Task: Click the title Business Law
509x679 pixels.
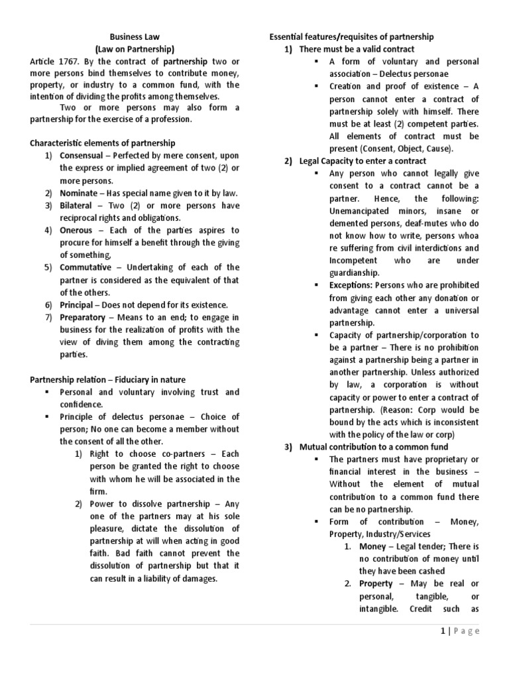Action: click(135, 37)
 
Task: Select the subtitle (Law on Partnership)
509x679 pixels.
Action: click(135, 49)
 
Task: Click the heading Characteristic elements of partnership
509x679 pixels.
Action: click(103, 143)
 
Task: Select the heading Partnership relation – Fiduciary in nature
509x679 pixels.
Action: click(108, 379)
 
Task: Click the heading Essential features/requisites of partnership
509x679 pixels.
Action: click(351, 36)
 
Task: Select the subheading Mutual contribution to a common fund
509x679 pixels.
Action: click(368, 447)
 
